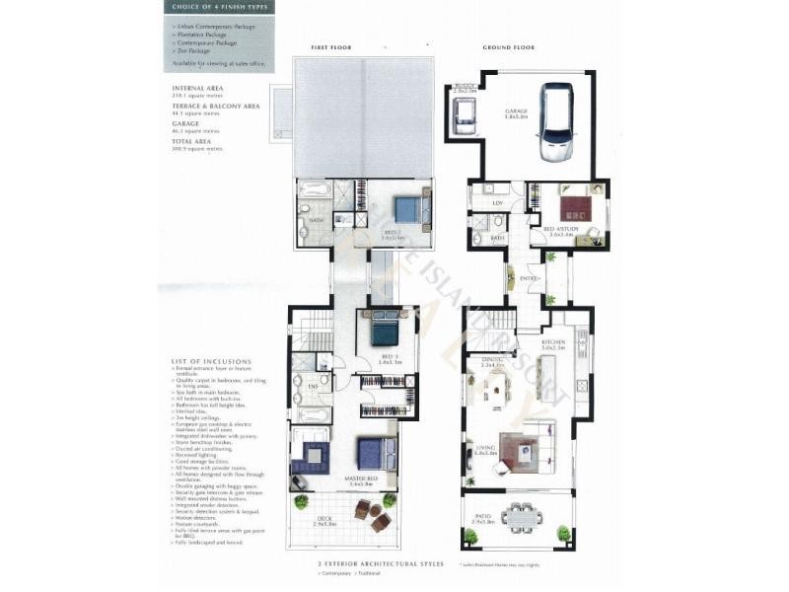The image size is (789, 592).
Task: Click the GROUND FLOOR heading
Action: tap(508, 47)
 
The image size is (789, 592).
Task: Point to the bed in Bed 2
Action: tap(406, 209)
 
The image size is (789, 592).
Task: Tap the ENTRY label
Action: tap(529, 279)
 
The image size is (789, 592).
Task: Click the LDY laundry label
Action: tap(497, 202)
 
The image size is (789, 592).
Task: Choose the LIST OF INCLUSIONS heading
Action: tap(211, 361)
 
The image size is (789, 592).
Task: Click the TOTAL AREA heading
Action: tap(191, 141)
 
